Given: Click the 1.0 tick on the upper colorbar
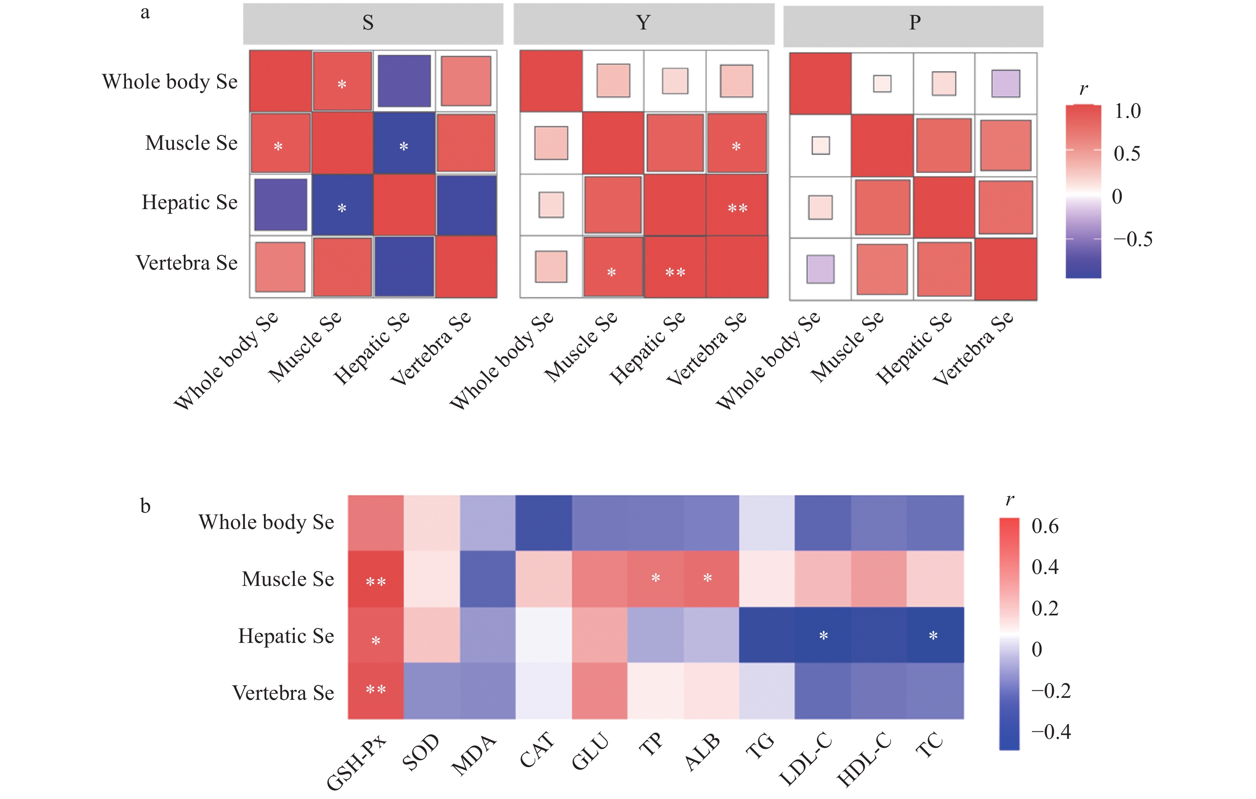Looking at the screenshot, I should (x=1127, y=111).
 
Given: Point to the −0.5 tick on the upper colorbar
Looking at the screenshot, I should (x=1132, y=239).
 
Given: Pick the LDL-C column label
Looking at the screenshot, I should (x=805, y=758).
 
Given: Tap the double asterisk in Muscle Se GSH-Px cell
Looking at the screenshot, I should (x=376, y=582).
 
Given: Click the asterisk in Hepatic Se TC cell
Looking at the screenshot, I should (x=933, y=636).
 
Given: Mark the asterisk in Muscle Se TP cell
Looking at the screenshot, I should (x=656, y=578).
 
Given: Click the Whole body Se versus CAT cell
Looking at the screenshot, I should (x=543, y=523).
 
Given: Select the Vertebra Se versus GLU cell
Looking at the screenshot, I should (x=599, y=691).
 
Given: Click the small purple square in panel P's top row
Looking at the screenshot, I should (x=1006, y=83).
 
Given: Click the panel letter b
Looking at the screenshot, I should (x=145, y=506).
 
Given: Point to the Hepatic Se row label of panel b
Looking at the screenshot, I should (x=286, y=636).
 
